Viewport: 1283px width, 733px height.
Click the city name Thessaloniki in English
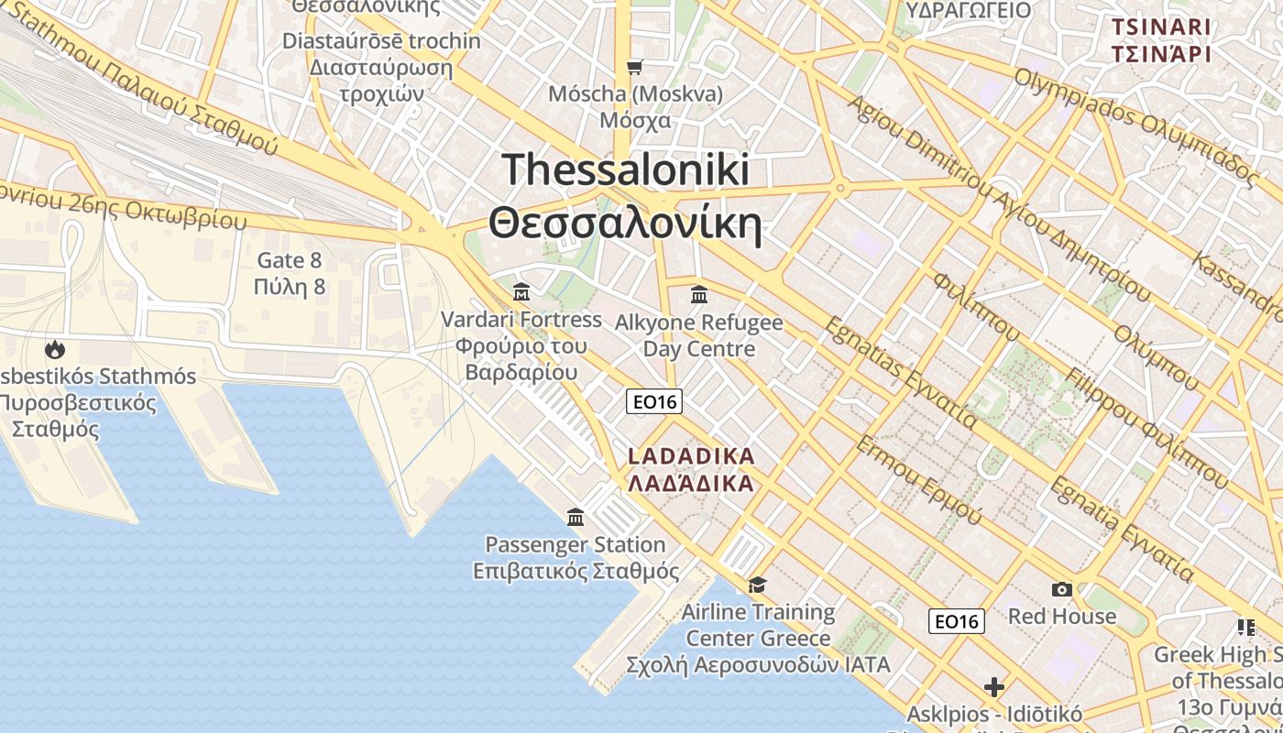click(x=626, y=171)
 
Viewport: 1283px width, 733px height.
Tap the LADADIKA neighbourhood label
click(x=691, y=456)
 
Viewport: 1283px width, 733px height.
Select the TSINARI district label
click(x=1161, y=27)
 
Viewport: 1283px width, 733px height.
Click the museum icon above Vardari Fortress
click(x=521, y=292)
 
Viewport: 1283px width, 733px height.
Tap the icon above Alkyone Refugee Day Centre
click(x=699, y=294)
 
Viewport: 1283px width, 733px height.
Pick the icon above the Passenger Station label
click(x=576, y=518)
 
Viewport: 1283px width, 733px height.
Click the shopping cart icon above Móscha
click(x=634, y=67)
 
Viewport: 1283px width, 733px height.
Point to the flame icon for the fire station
click(x=55, y=349)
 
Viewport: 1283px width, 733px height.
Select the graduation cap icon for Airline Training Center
click(x=758, y=585)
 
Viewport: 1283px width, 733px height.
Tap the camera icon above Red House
click(x=1062, y=589)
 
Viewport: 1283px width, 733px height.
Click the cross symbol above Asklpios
click(x=994, y=686)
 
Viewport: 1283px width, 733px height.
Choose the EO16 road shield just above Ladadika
click(x=654, y=401)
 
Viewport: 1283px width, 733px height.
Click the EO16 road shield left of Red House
click(x=957, y=621)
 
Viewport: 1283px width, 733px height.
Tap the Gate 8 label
click(x=290, y=260)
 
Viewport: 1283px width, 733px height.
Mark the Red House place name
click(x=1062, y=616)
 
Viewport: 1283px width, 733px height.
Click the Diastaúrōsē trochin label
click(x=381, y=41)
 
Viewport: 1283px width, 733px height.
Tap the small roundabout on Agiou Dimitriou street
click(x=839, y=188)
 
